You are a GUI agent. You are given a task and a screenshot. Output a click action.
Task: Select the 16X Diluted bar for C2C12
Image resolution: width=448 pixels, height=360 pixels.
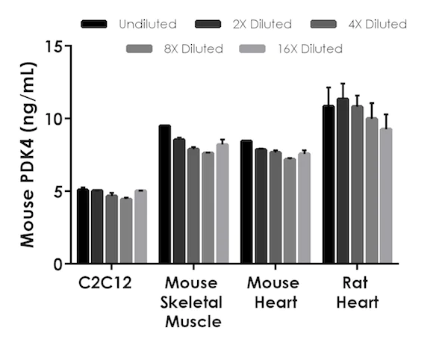140,227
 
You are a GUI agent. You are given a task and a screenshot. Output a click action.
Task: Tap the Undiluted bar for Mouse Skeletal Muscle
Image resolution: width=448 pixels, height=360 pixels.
164,194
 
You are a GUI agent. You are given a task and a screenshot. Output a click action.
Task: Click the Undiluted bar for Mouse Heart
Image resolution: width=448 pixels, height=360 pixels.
246,202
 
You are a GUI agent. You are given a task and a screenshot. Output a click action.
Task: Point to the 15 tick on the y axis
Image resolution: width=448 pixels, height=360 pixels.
69,46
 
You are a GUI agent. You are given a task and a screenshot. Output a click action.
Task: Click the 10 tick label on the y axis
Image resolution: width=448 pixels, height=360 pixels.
53,118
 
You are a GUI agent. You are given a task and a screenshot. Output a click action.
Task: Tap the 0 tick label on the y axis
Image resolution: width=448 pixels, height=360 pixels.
57,264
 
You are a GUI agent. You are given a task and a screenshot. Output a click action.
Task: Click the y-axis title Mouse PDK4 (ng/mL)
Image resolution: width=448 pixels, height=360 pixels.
28,155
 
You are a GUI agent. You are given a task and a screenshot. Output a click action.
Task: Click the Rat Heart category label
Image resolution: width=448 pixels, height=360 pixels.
357,293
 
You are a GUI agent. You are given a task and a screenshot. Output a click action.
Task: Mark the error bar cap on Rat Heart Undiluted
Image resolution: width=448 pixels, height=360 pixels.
329,87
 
